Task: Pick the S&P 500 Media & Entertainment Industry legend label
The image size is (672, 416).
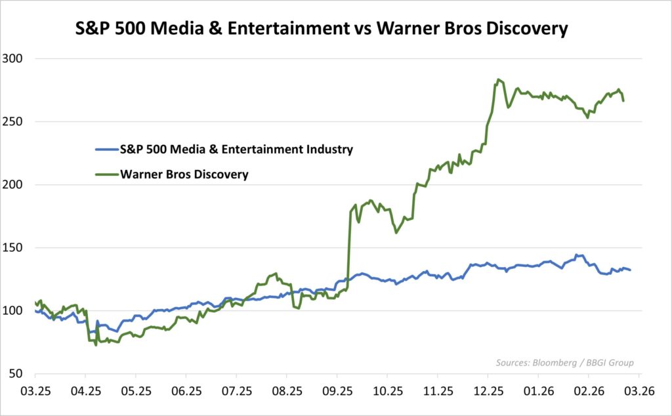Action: point(236,149)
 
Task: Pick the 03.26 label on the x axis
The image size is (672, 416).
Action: point(639,391)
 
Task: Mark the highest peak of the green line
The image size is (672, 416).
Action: point(498,79)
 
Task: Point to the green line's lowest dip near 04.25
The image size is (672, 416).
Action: point(96,344)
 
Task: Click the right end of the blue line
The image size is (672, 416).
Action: point(630,270)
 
